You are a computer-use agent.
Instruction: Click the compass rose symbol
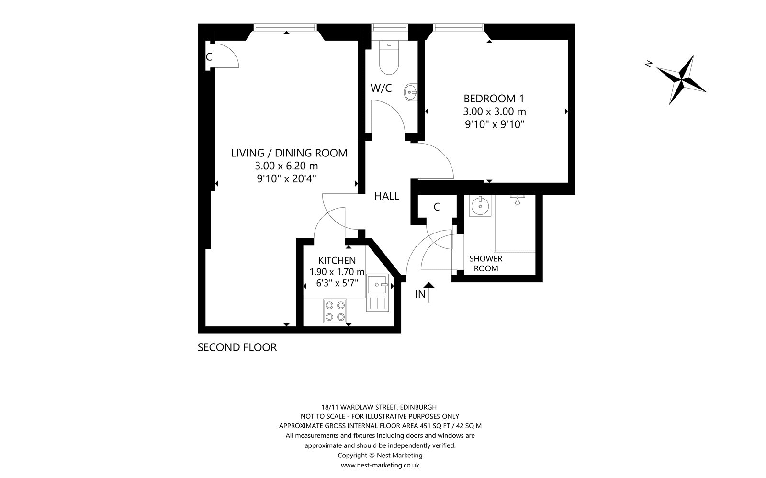[681, 79]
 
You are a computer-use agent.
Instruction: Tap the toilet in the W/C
[388, 58]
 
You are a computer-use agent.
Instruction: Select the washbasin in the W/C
[411, 92]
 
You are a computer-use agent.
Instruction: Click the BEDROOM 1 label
[494, 99]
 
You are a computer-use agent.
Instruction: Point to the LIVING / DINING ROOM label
[289, 153]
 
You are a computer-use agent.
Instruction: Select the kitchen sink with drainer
[379, 293]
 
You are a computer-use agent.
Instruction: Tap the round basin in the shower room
[478, 206]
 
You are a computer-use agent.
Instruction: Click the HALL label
[386, 196]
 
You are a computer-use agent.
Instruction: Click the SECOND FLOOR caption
[237, 347]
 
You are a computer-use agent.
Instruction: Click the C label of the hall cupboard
[436, 207]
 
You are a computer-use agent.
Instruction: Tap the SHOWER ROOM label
[485, 264]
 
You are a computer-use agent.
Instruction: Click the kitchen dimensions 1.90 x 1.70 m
[337, 272]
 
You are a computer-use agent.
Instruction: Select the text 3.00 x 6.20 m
[286, 166]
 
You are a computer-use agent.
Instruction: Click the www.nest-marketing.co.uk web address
[381, 465]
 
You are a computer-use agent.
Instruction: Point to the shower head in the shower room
[517, 199]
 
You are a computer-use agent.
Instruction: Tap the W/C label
[381, 88]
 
